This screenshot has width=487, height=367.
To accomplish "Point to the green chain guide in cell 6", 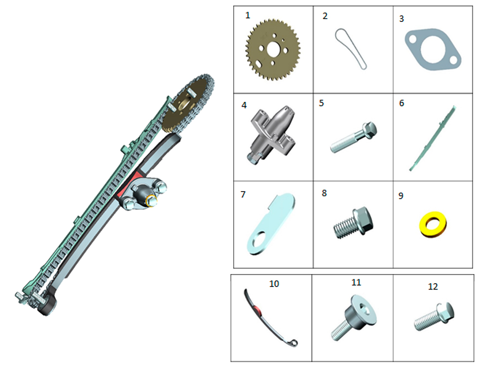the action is (432, 138).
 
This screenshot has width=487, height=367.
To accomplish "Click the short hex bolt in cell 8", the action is (354, 223).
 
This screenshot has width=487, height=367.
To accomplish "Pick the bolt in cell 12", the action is (434, 316).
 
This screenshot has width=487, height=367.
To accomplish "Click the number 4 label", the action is (244, 105).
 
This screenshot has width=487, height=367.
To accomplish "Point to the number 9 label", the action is (401, 196).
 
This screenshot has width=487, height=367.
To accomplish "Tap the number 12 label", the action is (433, 287).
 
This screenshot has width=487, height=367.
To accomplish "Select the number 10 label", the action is (274, 284).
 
